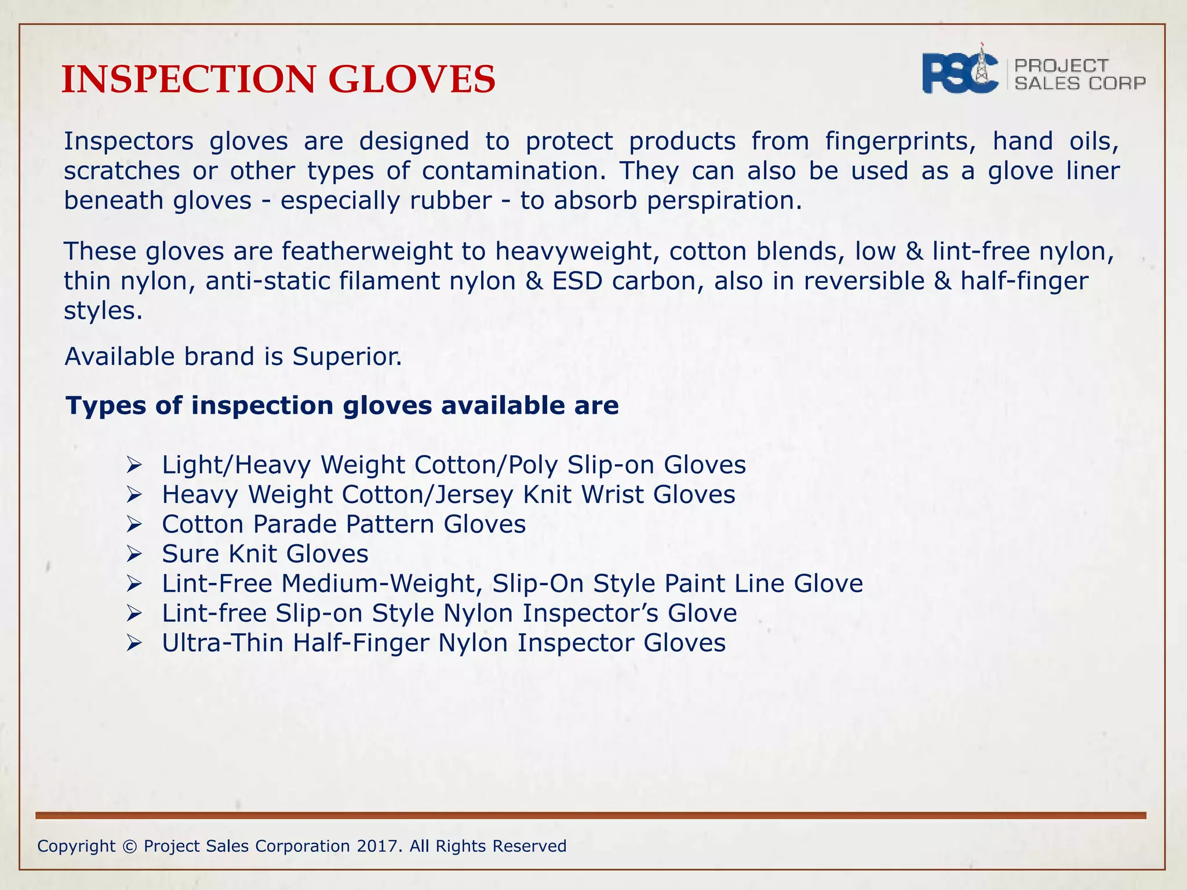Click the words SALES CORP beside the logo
tap(1080, 83)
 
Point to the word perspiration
tap(724, 201)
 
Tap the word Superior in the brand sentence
tap(347, 357)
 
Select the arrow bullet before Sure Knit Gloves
tap(134, 555)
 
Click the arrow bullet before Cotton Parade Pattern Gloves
tap(134, 525)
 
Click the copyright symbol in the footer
tap(129, 847)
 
